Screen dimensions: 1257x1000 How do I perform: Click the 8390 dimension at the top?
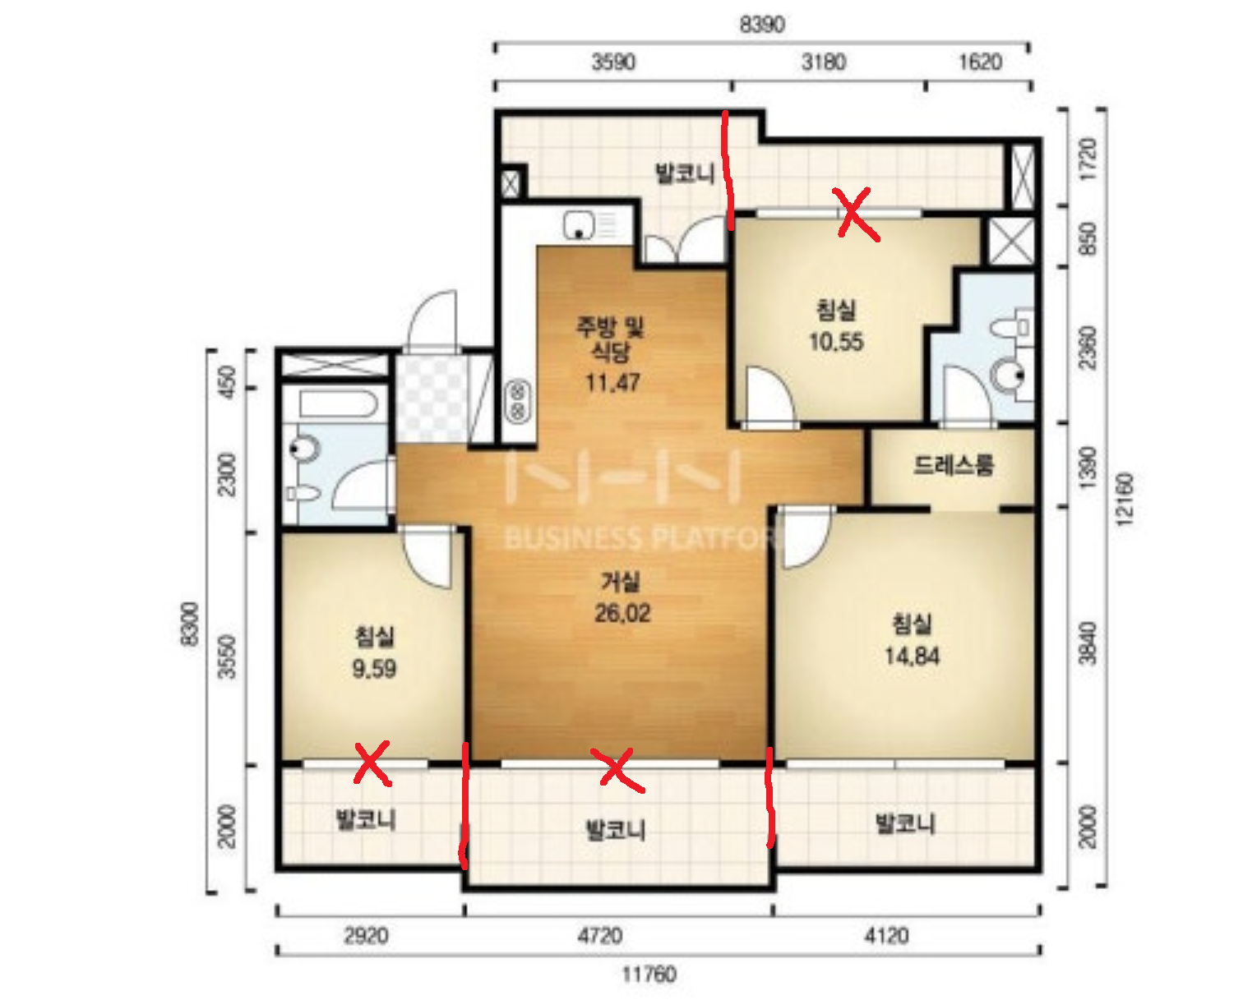coord(761,25)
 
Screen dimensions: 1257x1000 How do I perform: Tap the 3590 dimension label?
coord(613,62)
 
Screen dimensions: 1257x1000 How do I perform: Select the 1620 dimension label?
coord(980,62)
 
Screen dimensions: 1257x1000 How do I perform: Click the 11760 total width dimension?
coord(649,975)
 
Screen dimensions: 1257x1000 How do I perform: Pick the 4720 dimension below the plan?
coord(600,936)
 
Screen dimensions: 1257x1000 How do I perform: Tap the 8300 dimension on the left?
coord(189,624)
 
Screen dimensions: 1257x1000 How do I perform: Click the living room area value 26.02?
coord(622,613)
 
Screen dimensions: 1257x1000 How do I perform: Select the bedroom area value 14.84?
coord(912,657)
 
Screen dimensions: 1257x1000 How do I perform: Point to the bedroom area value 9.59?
coord(374,668)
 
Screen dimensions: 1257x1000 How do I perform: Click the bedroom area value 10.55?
coord(836,342)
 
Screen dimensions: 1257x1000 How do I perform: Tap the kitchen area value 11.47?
coord(612,382)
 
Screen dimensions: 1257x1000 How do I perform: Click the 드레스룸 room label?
coord(953,465)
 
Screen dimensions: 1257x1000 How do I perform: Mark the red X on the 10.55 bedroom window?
coord(856,214)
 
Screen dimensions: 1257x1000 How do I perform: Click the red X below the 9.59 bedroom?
coord(372,763)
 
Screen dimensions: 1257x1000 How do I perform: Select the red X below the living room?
coord(616,769)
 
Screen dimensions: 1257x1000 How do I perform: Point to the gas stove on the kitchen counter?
coord(518,400)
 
